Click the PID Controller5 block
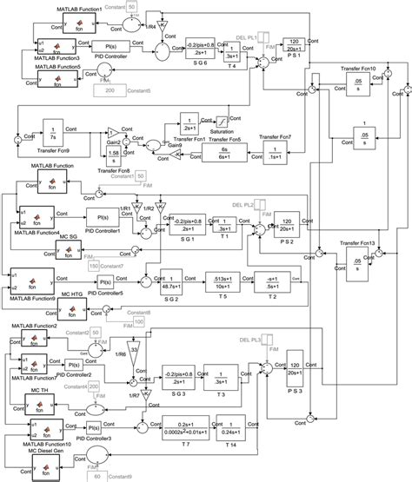(x=105, y=283)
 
